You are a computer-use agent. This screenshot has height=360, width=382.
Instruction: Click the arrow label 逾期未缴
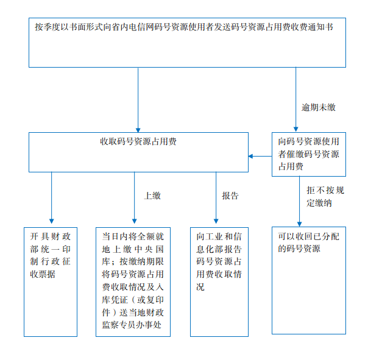319,107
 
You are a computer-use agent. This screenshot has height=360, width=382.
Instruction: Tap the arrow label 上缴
152,196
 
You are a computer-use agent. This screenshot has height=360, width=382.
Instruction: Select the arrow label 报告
230,196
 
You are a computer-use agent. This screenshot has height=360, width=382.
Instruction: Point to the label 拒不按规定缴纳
325,196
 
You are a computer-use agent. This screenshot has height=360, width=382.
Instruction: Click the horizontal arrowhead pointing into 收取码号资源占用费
250,156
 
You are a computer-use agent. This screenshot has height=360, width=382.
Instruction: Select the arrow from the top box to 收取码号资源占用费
138,100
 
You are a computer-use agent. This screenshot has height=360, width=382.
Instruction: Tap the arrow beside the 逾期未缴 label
295,99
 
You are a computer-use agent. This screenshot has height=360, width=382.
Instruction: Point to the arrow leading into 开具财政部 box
51,198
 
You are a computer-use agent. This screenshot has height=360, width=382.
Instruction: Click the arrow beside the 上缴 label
134,198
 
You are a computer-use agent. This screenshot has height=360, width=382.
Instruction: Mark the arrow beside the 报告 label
216,198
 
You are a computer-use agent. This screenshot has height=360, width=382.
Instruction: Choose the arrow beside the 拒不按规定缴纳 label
299,202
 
